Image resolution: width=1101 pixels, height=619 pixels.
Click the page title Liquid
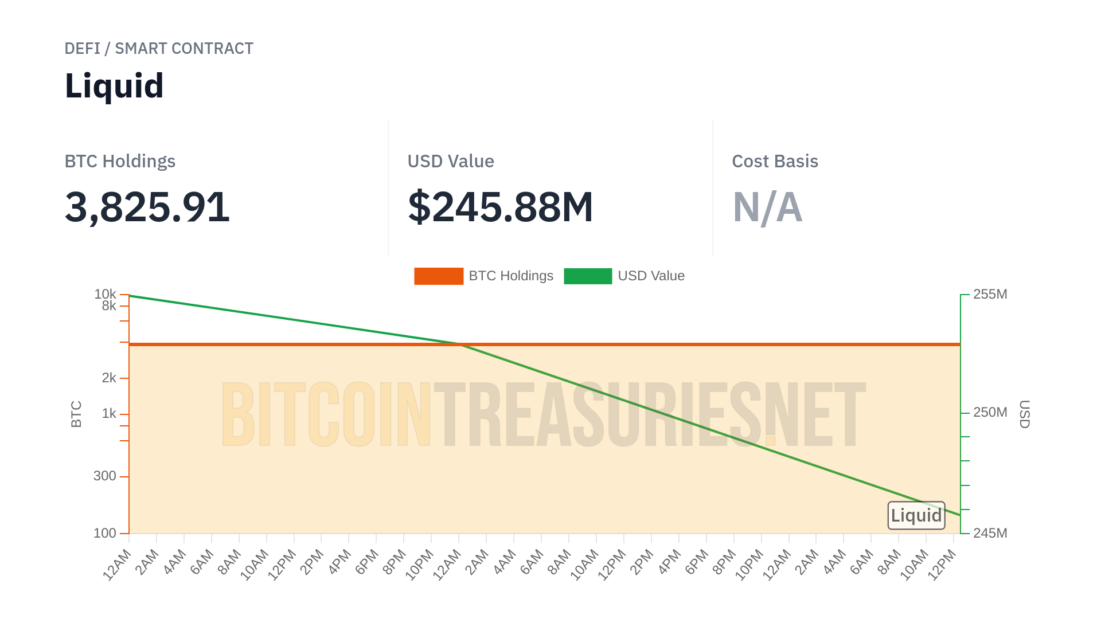114,86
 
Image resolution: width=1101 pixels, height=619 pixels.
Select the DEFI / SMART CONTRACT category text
159,49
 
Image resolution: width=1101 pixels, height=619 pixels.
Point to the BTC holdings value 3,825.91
147,207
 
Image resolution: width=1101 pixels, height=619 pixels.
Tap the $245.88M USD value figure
500,207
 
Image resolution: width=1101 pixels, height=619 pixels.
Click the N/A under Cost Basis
767,207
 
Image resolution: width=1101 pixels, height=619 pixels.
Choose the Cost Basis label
775,162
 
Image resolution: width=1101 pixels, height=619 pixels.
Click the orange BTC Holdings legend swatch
439,276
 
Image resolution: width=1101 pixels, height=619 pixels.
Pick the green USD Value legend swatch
588,276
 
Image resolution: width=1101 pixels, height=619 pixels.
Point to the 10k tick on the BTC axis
106,294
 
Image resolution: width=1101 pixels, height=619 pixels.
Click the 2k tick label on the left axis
109,378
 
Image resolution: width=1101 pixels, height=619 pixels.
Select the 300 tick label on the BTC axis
105,476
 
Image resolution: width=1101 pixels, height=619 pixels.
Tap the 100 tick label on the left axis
105,534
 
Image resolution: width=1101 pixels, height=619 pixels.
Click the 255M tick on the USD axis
990,295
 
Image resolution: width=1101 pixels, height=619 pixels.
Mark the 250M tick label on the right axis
990,413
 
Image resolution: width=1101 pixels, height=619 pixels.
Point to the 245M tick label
990,534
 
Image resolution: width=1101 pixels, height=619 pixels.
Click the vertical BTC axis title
76,414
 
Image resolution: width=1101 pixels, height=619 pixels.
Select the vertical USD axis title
1024,414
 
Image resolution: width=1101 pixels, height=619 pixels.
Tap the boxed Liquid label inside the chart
916,516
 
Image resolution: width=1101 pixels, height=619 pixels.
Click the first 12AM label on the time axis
118,565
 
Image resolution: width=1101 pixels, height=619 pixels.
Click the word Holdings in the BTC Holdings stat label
139,162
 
